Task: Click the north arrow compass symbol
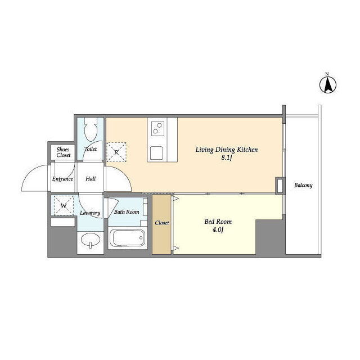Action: tap(328, 84)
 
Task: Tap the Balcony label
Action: tap(303, 185)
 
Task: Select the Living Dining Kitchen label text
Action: tap(227, 150)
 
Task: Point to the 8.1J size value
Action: tap(226, 158)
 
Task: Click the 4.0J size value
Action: tap(218, 229)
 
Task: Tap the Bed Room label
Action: tap(218, 222)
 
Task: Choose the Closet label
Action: tap(162, 223)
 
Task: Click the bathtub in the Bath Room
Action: tap(128, 237)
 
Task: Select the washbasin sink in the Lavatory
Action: tap(91, 241)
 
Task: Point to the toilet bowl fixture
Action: tap(91, 129)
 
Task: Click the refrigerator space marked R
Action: tap(116, 152)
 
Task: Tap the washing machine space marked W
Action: tap(64, 205)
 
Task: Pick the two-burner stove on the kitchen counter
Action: tap(157, 128)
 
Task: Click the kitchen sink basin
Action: tap(156, 153)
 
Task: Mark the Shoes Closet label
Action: tap(63, 152)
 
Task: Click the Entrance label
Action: tap(62, 179)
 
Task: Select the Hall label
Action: tap(91, 179)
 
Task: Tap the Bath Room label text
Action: tap(127, 211)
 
